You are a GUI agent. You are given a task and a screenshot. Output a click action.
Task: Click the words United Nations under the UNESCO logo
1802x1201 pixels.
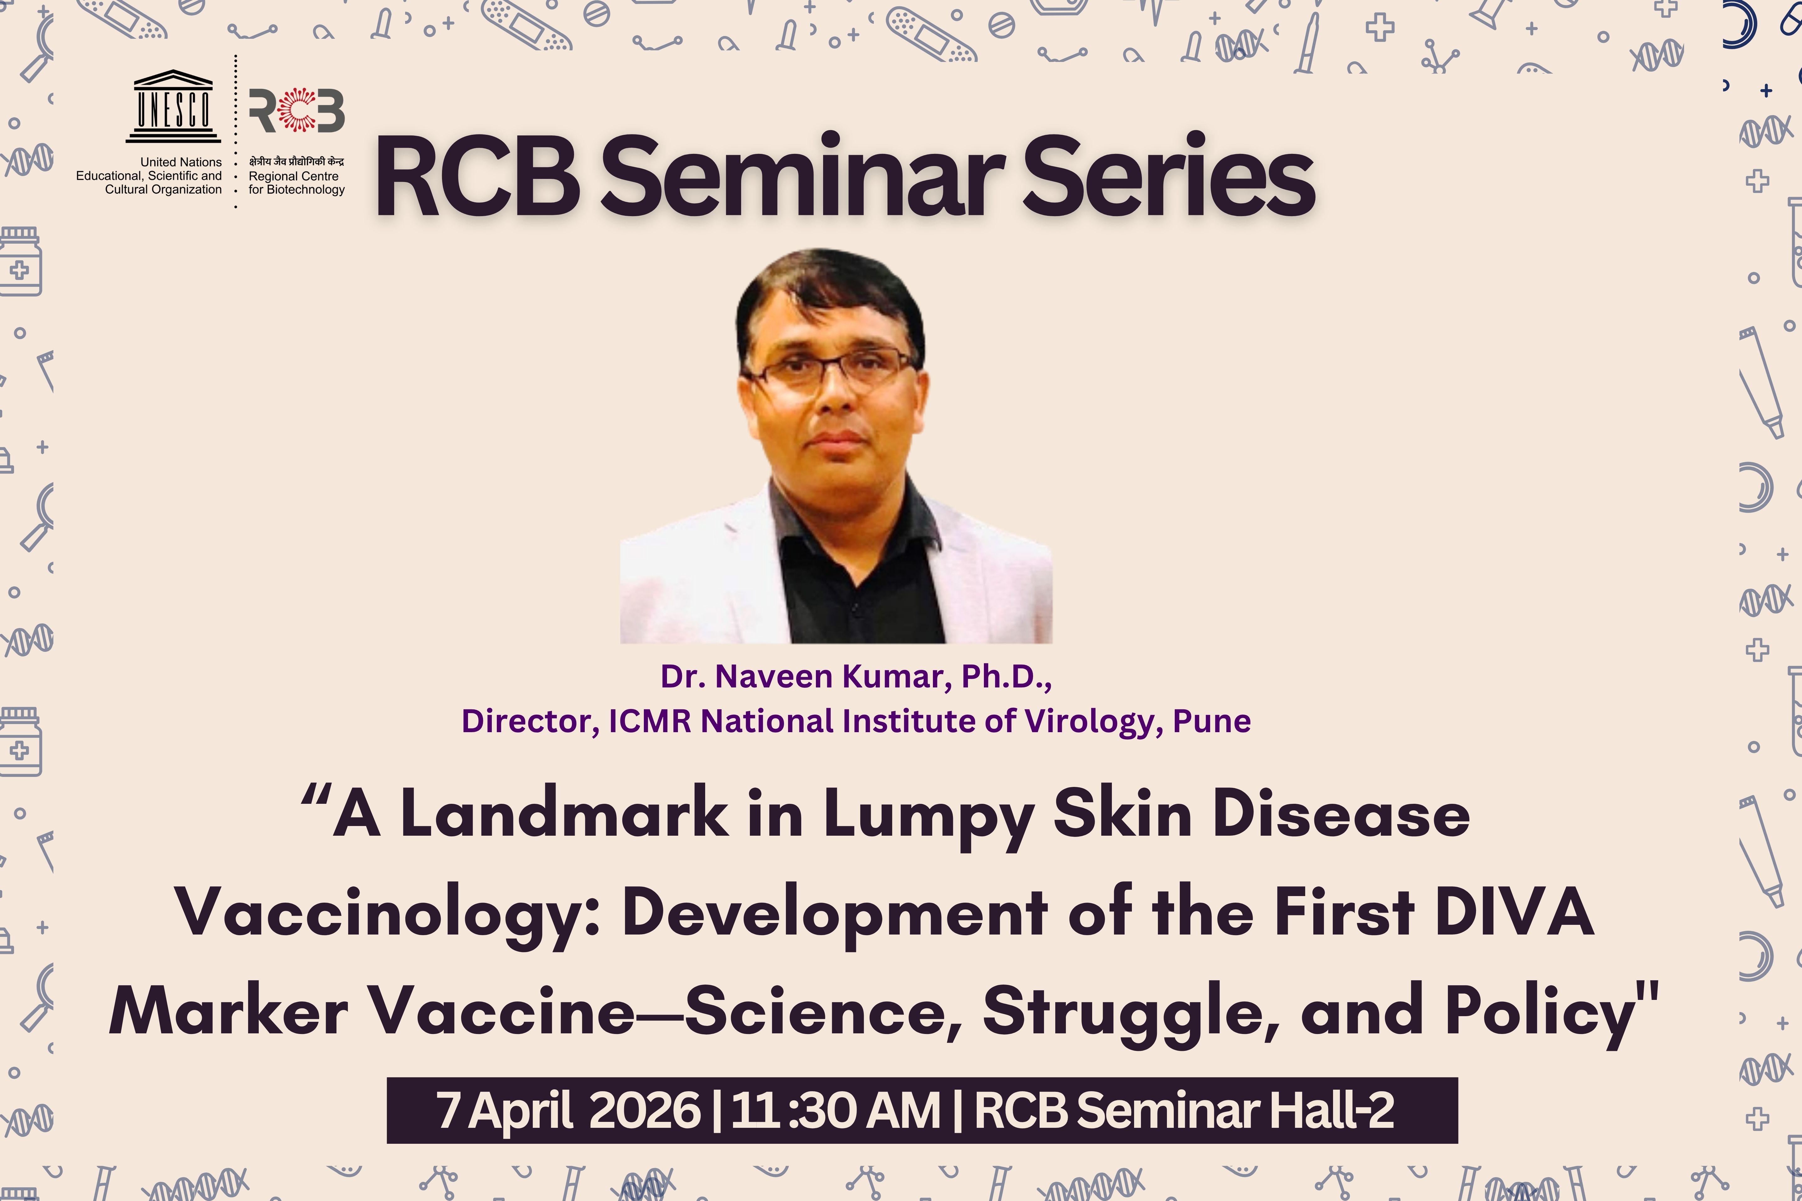[x=181, y=162]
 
